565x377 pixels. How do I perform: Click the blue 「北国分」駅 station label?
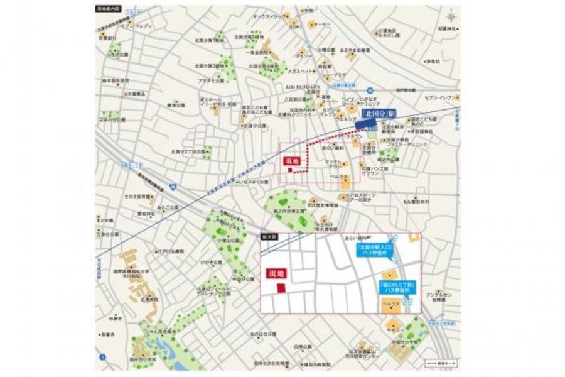point(377,114)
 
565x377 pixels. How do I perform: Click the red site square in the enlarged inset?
point(281,287)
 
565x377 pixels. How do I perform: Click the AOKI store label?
point(295,26)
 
